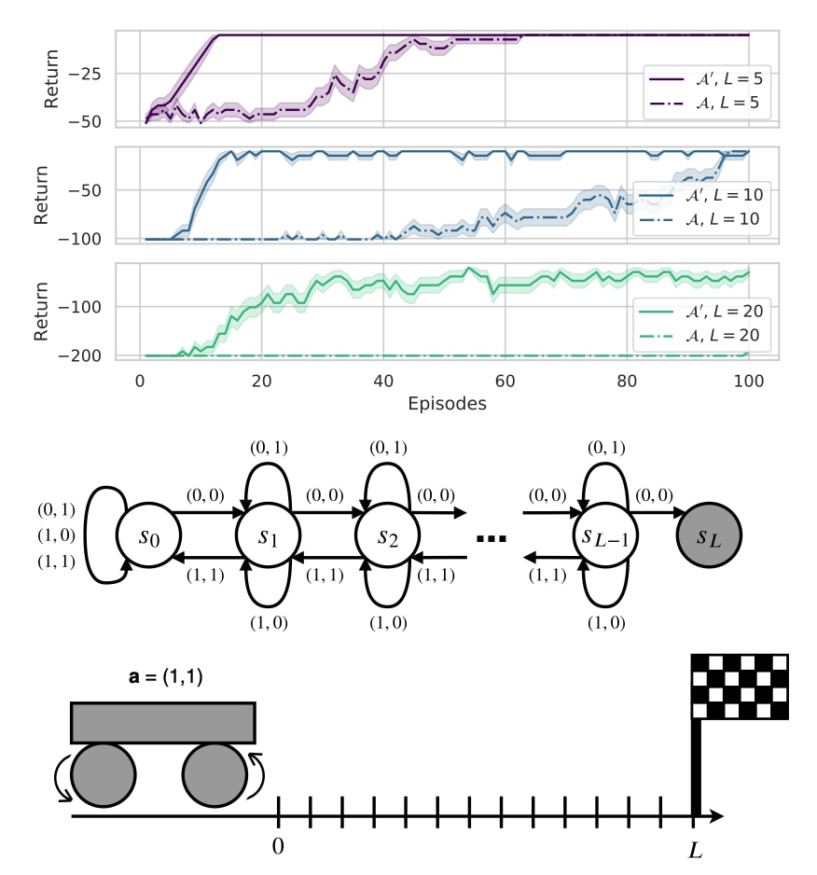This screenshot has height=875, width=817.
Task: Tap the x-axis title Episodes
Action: coord(447,404)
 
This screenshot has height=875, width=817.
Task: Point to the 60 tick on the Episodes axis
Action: coord(505,382)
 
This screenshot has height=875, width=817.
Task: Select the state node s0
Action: coord(148,537)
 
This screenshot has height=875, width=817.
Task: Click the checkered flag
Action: coord(739,687)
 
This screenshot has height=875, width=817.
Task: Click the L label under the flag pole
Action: coord(695,849)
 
